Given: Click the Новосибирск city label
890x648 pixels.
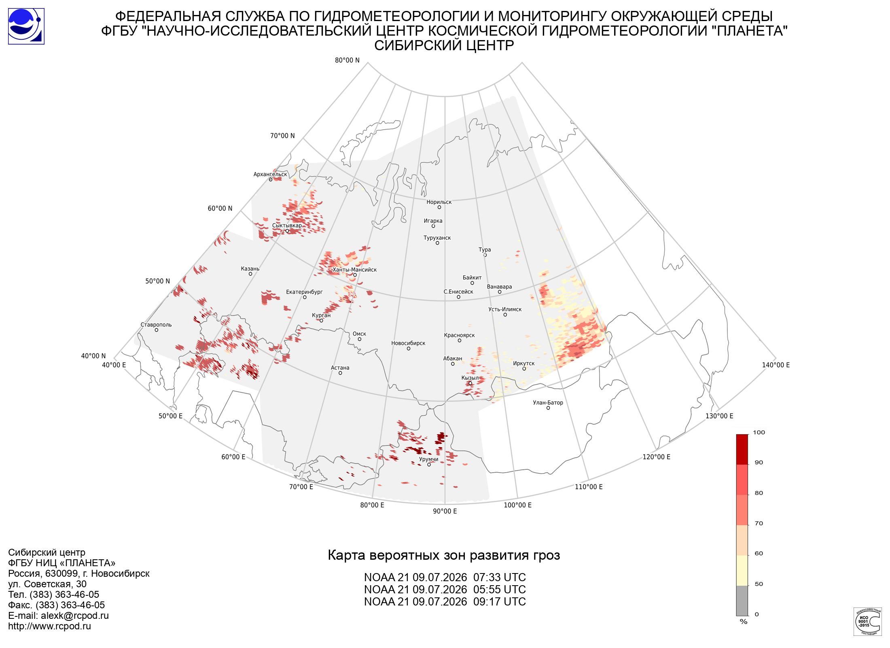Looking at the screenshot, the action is click(x=408, y=343).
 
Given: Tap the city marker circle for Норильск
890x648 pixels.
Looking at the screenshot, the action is click(x=439, y=207).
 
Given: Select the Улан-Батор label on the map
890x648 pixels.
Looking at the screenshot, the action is click(x=548, y=403).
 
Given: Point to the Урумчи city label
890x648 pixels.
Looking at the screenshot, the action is click(x=428, y=459).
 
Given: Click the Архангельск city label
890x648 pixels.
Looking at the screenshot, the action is click(x=270, y=175).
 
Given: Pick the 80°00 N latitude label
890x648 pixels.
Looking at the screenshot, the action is click(x=347, y=60).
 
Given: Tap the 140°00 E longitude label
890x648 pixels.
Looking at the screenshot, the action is click(x=776, y=365).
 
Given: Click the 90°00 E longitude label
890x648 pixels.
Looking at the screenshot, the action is click(x=445, y=511).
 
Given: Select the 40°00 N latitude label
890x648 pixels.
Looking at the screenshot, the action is click(x=93, y=356).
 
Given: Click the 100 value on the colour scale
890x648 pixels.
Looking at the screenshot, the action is click(x=759, y=433).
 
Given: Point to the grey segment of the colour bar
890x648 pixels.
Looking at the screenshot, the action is click(x=742, y=601).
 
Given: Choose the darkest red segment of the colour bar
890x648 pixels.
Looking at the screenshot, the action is click(x=742, y=450).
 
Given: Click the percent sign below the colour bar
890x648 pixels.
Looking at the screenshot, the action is click(x=744, y=622).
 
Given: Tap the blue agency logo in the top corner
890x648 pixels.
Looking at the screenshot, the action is click(x=26, y=26).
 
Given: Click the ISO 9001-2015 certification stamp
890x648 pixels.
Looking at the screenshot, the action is click(x=867, y=621).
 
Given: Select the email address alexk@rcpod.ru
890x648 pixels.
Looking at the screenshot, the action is click(x=75, y=616).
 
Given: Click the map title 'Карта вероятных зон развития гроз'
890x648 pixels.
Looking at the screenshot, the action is click(x=444, y=555).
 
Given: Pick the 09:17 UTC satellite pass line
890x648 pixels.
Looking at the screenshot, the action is click(x=445, y=602).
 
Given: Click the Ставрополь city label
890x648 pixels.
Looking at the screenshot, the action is click(x=156, y=325).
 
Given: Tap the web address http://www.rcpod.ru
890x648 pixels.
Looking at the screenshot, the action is click(x=49, y=626).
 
